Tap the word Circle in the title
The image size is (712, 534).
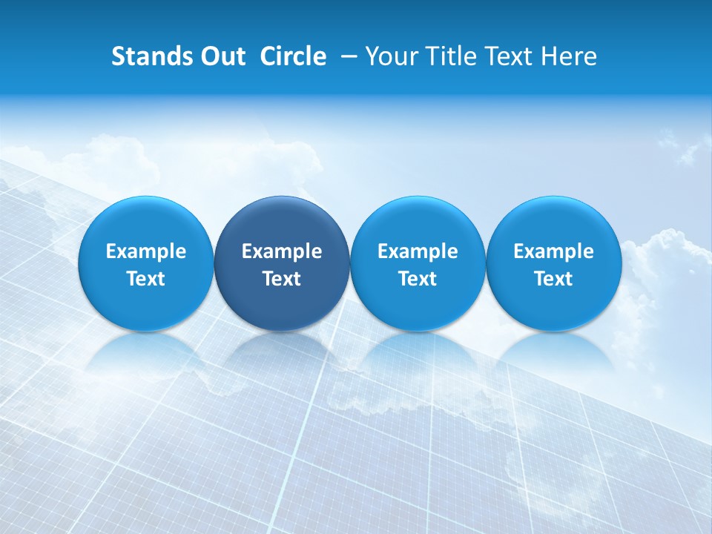click(x=293, y=56)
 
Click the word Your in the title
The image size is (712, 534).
click(x=391, y=56)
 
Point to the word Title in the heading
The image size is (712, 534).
click(x=446, y=56)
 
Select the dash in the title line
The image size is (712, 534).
click(x=346, y=56)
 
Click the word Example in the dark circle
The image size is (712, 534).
click(x=282, y=251)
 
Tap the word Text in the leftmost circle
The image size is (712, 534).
click(x=146, y=279)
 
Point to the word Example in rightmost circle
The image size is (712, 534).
click(x=553, y=251)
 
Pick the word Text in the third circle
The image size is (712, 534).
click(x=418, y=279)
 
